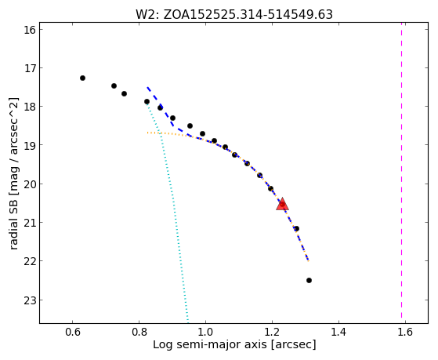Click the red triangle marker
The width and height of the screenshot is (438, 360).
(282, 204)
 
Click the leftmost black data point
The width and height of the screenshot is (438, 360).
(82, 78)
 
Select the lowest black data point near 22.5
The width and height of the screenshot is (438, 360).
(309, 280)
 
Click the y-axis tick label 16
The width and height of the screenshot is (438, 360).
(29, 30)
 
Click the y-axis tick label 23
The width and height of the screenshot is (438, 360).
(29, 300)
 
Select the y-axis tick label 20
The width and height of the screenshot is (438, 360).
(29, 184)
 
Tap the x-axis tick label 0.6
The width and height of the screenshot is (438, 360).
(73, 332)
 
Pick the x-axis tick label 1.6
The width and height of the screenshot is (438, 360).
(405, 332)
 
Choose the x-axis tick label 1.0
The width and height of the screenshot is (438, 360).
(205, 332)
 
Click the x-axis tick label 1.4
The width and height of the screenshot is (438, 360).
(338, 332)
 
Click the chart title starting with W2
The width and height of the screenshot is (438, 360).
(234, 14)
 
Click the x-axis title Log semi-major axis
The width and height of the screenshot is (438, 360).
(234, 344)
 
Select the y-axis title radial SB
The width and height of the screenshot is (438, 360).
(14, 173)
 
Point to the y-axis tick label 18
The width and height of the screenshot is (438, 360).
(29, 107)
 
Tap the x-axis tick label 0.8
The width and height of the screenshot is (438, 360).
(139, 332)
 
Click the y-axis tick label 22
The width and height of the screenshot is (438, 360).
(29, 261)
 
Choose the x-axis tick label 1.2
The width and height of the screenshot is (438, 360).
(272, 332)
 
